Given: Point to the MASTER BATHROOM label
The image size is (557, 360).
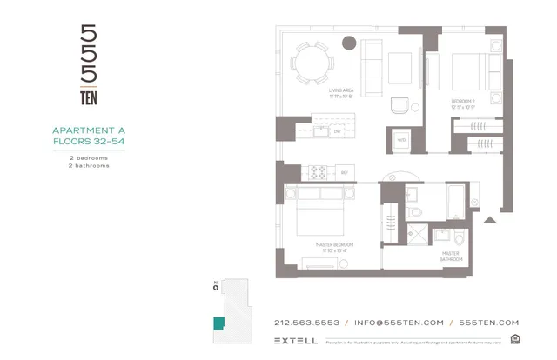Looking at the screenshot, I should coord(451,256).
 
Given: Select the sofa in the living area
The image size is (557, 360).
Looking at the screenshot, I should coord(370,68).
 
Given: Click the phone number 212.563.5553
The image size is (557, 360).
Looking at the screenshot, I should coord(306,323).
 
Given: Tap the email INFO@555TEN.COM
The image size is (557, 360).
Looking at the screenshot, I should coord(399,323).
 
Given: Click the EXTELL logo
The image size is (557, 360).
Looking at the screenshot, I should coord(295,340).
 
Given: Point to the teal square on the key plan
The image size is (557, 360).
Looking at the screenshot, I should coord(218,323).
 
